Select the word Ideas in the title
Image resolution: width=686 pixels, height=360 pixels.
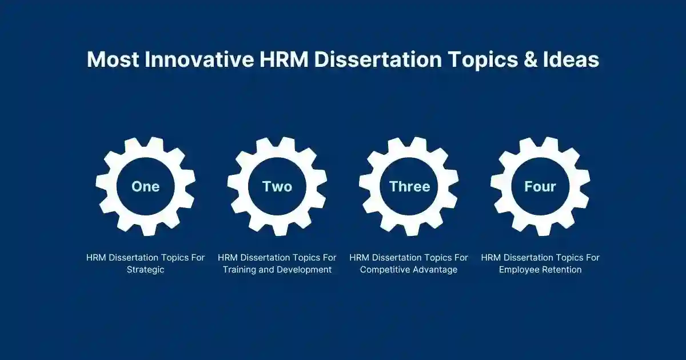coord(569,59)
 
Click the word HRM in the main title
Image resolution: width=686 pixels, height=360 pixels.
coord(278,59)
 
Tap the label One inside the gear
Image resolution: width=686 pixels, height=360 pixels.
coord(145,186)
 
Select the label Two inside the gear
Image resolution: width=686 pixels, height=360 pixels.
coord(277,186)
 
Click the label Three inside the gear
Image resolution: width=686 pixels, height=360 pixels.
coord(409,186)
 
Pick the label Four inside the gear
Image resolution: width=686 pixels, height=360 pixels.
coord(540,186)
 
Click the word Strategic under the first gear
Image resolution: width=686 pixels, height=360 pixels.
coord(145,270)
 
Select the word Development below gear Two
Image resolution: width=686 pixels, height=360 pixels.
coord(305,270)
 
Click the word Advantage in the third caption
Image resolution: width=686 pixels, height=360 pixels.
coord(434,270)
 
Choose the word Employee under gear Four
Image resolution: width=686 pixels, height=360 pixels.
coord(519,270)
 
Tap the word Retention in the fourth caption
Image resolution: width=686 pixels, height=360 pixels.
coord(561,270)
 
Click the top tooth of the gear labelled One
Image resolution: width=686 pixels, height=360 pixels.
coord(145,143)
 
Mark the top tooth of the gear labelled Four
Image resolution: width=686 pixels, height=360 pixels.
coord(540,143)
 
